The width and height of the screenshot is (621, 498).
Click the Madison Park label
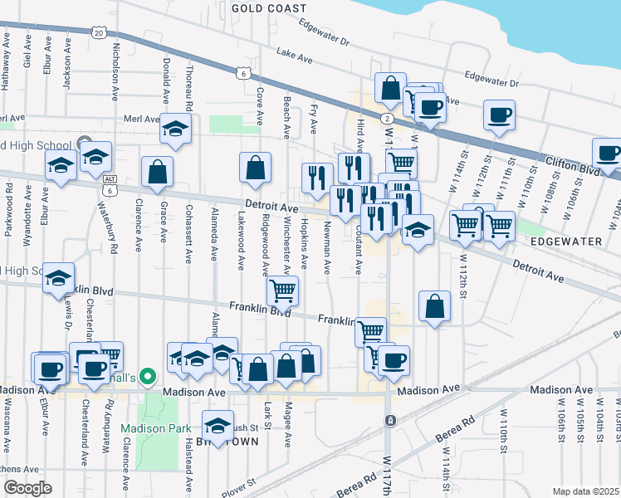point(149,429)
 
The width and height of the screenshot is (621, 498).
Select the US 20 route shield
point(99,32)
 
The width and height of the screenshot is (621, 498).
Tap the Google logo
point(27,488)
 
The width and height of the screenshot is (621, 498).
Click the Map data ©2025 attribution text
point(585,491)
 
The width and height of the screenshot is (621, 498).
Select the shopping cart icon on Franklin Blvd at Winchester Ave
point(283,290)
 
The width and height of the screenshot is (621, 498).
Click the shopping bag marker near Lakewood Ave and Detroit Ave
point(255,167)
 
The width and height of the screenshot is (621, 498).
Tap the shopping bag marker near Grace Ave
point(157,172)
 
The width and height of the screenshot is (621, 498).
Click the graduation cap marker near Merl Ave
point(175,128)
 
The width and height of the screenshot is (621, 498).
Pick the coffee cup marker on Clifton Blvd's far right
point(608,152)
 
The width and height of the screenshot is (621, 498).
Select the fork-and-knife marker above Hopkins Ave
point(315,176)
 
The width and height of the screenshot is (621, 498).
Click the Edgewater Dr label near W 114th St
point(491,81)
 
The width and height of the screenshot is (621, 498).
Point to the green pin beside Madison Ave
point(149,378)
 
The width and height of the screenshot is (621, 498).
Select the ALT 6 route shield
point(110,184)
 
